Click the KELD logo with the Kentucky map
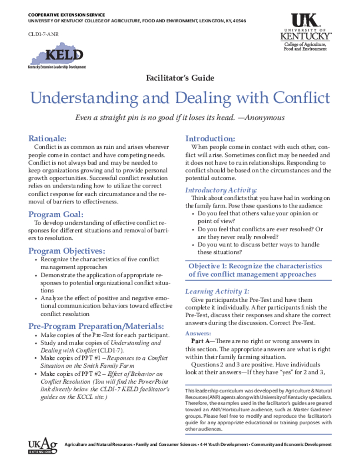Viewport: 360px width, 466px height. coord(57,56)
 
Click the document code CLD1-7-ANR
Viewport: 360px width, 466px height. coord(43,34)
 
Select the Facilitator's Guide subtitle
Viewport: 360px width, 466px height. coord(180,78)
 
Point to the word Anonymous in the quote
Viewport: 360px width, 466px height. coord(265,117)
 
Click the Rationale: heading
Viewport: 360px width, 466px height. coord(48,138)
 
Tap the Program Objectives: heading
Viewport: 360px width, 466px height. coord(67,251)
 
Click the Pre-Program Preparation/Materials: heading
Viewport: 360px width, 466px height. coord(96,326)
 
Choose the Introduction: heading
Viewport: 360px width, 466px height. coord(210,138)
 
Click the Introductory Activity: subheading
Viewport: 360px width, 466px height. coord(221,190)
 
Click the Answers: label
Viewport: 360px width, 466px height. coord(198,333)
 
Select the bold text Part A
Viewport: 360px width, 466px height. coord(200,341)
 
